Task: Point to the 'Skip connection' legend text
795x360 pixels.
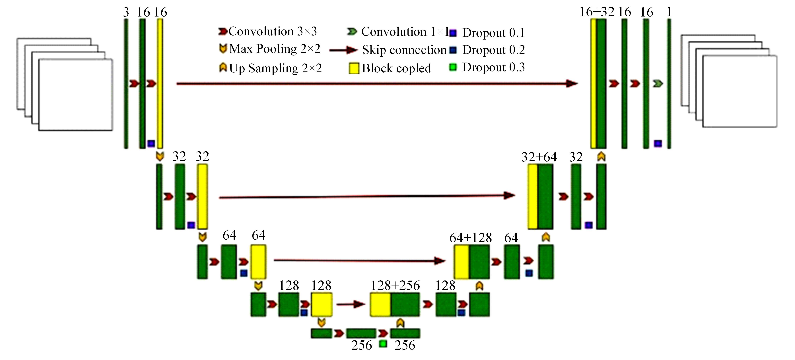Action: pyautogui.click(x=404, y=50)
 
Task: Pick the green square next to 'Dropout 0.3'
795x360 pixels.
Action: pyautogui.click(x=453, y=67)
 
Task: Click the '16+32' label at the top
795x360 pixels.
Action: pyautogui.click(x=597, y=12)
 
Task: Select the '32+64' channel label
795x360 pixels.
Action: pyautogui.click(x=539, y=157)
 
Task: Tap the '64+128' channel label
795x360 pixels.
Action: pyautogui.click(x=470, y=238)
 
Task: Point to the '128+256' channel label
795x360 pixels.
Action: pyautogui.click(x=395, y=286)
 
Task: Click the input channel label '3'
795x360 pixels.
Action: pyautogui.click(x=126, y=12)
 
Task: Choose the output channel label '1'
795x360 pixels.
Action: pyautogui.click(x=669, y=12)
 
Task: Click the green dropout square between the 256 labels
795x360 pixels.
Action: pyautogui.click(x=383, y=344)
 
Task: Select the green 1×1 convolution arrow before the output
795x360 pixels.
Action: pyautogui.click(x=658, y=83)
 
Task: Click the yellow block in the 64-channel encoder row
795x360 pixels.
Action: pyautogui.click(x=258, y=262)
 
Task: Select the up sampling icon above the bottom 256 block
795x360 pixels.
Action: pyautogui.click(x=400, y=323)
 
